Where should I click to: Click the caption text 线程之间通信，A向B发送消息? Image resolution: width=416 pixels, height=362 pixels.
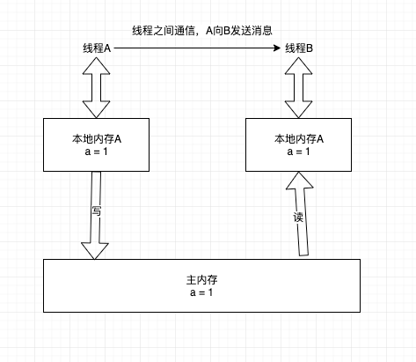point(203,30)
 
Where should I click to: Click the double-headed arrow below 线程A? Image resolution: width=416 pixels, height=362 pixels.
point(94,86)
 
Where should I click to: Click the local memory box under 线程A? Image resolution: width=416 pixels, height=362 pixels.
point(94,144)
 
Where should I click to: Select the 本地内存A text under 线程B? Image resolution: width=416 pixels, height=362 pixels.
point(299,138)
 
